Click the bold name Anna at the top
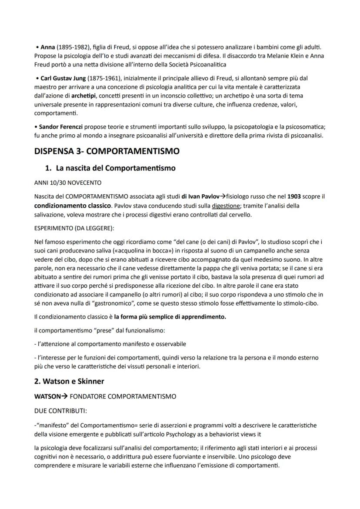tap(47, 47)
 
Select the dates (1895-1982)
tap(73, 47)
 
